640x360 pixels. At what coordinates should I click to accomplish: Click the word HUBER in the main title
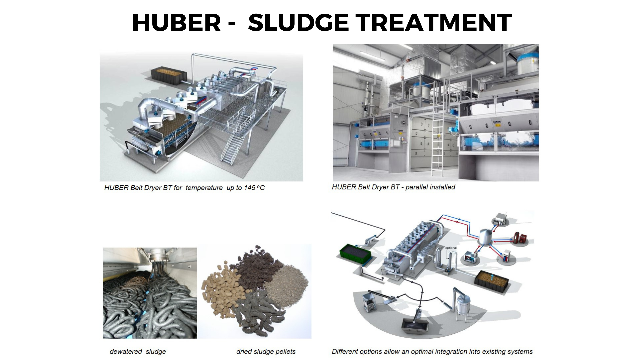point(176,23)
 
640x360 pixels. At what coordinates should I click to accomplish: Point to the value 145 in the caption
point(249,188)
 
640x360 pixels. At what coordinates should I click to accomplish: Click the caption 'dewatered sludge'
point(138,351)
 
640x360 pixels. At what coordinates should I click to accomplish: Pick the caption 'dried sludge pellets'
point(266,351)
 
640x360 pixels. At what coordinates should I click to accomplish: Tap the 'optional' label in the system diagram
point(451,248)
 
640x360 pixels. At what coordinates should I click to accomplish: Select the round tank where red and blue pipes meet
point(486,238)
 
